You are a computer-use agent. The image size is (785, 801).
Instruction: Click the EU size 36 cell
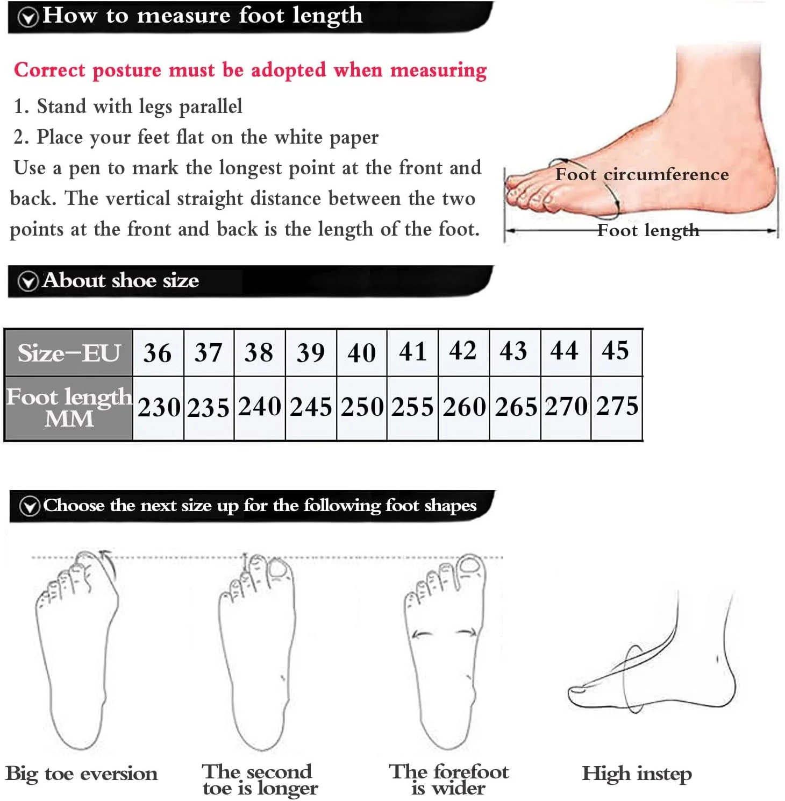158,353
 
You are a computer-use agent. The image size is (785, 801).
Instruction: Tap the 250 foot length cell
362,407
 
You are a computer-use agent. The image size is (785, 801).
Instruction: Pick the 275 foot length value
617,406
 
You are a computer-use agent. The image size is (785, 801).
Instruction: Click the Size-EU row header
69,353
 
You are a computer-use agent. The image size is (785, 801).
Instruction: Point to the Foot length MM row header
69,408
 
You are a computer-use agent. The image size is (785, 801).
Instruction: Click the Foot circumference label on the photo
642,174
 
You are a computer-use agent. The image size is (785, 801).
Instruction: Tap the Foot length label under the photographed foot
648,231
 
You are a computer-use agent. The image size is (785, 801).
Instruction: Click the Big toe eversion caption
82,774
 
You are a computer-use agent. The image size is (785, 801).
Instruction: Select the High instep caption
637,774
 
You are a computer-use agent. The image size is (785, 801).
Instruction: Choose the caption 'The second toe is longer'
260,780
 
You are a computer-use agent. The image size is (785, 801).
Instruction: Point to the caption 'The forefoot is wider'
448,779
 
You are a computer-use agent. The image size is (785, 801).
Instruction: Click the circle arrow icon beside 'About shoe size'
28,281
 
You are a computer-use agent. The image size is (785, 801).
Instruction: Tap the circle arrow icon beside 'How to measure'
28,17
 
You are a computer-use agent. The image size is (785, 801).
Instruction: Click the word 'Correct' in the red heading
49,70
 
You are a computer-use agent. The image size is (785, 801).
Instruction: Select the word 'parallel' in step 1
210,107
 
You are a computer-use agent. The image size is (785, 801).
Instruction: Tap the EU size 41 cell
412,352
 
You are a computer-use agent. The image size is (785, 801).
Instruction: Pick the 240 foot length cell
260,407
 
